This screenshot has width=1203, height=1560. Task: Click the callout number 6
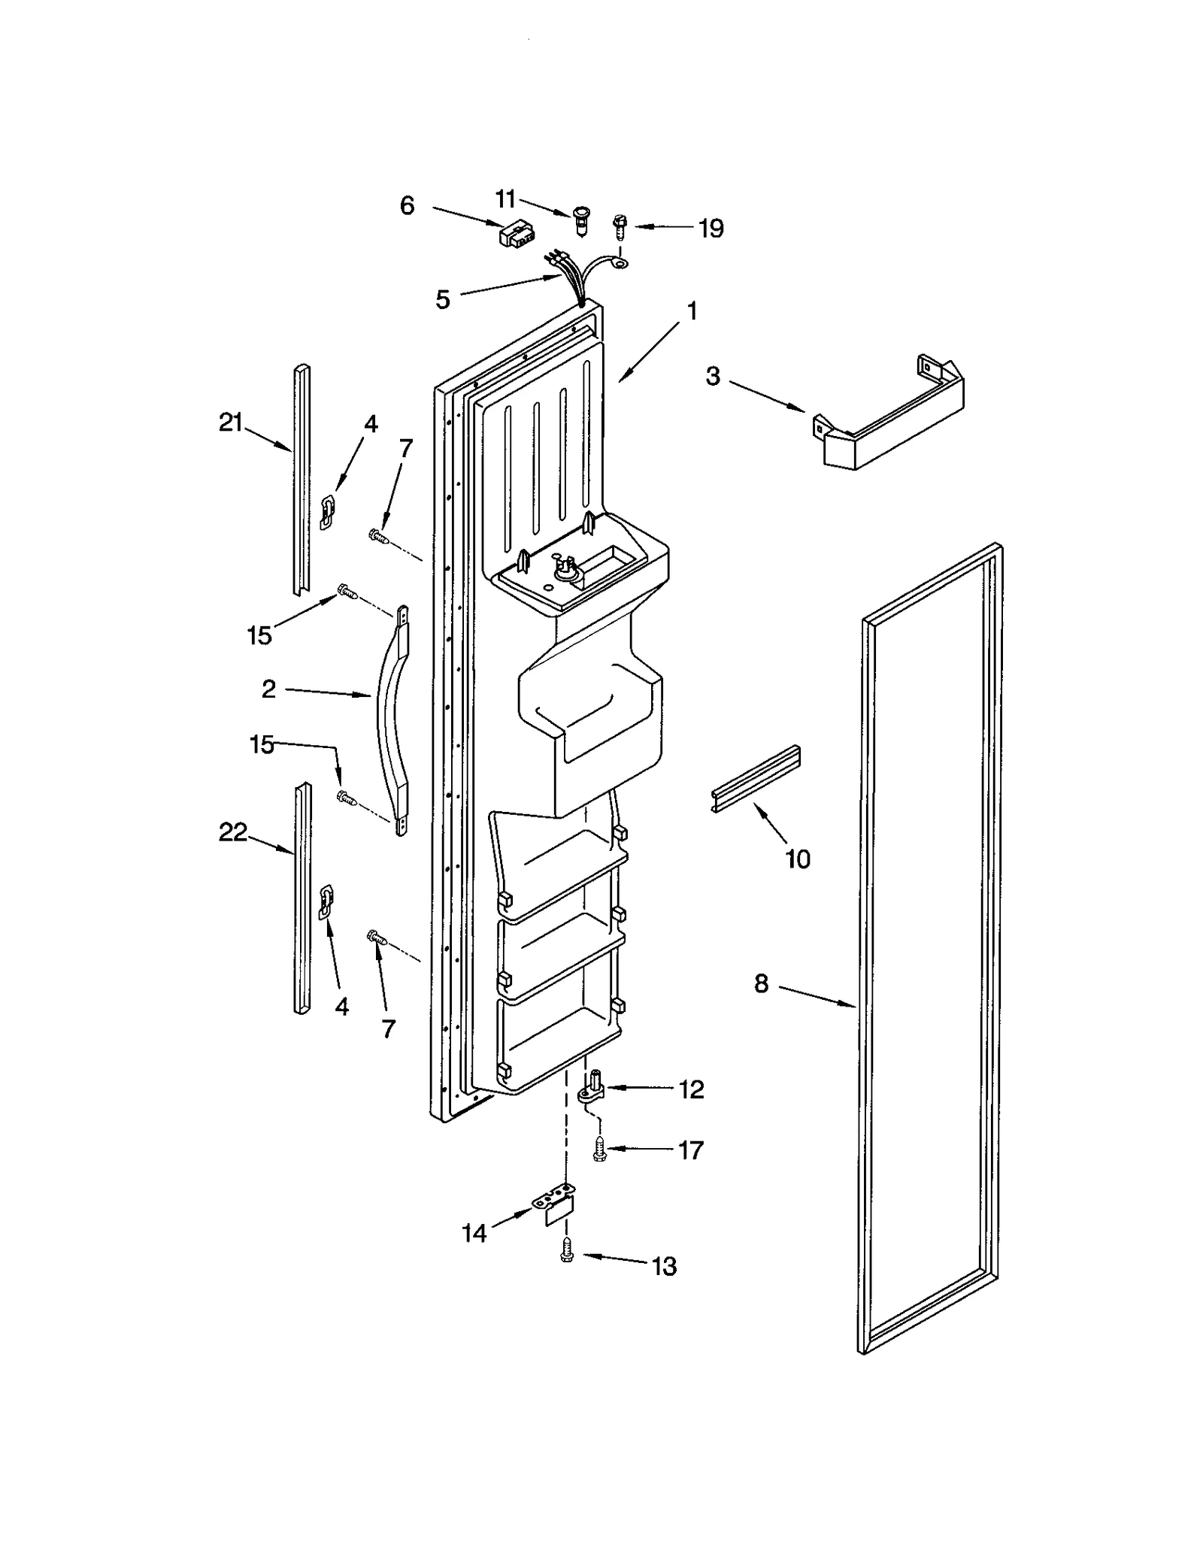pyautogui.click(x=407, y=205)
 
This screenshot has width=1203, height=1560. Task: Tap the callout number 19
pyautogui.click(x=711, y=228)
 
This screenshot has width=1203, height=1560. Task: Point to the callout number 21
pyautogui.click(x=230, y=423)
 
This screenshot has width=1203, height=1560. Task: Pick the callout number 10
pyautogui.click(x=797, y=859)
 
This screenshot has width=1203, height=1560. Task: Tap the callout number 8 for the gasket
pyautogui.click(x=762, y=983)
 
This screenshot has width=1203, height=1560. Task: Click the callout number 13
pyautogui.click(x=664, y=1267)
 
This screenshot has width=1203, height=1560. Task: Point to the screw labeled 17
pyautogui.click(x=599, y=1150)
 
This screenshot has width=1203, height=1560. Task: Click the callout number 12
pyautogui.click(x=691, y=1089)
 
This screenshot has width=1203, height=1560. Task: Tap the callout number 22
pyautogui.click(x=232, y=832)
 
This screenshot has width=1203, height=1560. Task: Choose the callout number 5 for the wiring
pyautogui.click(x=443, y=299)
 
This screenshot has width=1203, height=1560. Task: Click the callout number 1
pyautogui.click(x=692, y=310)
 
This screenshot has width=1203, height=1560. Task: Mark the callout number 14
pyautogui.click(x=474, y=1233)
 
